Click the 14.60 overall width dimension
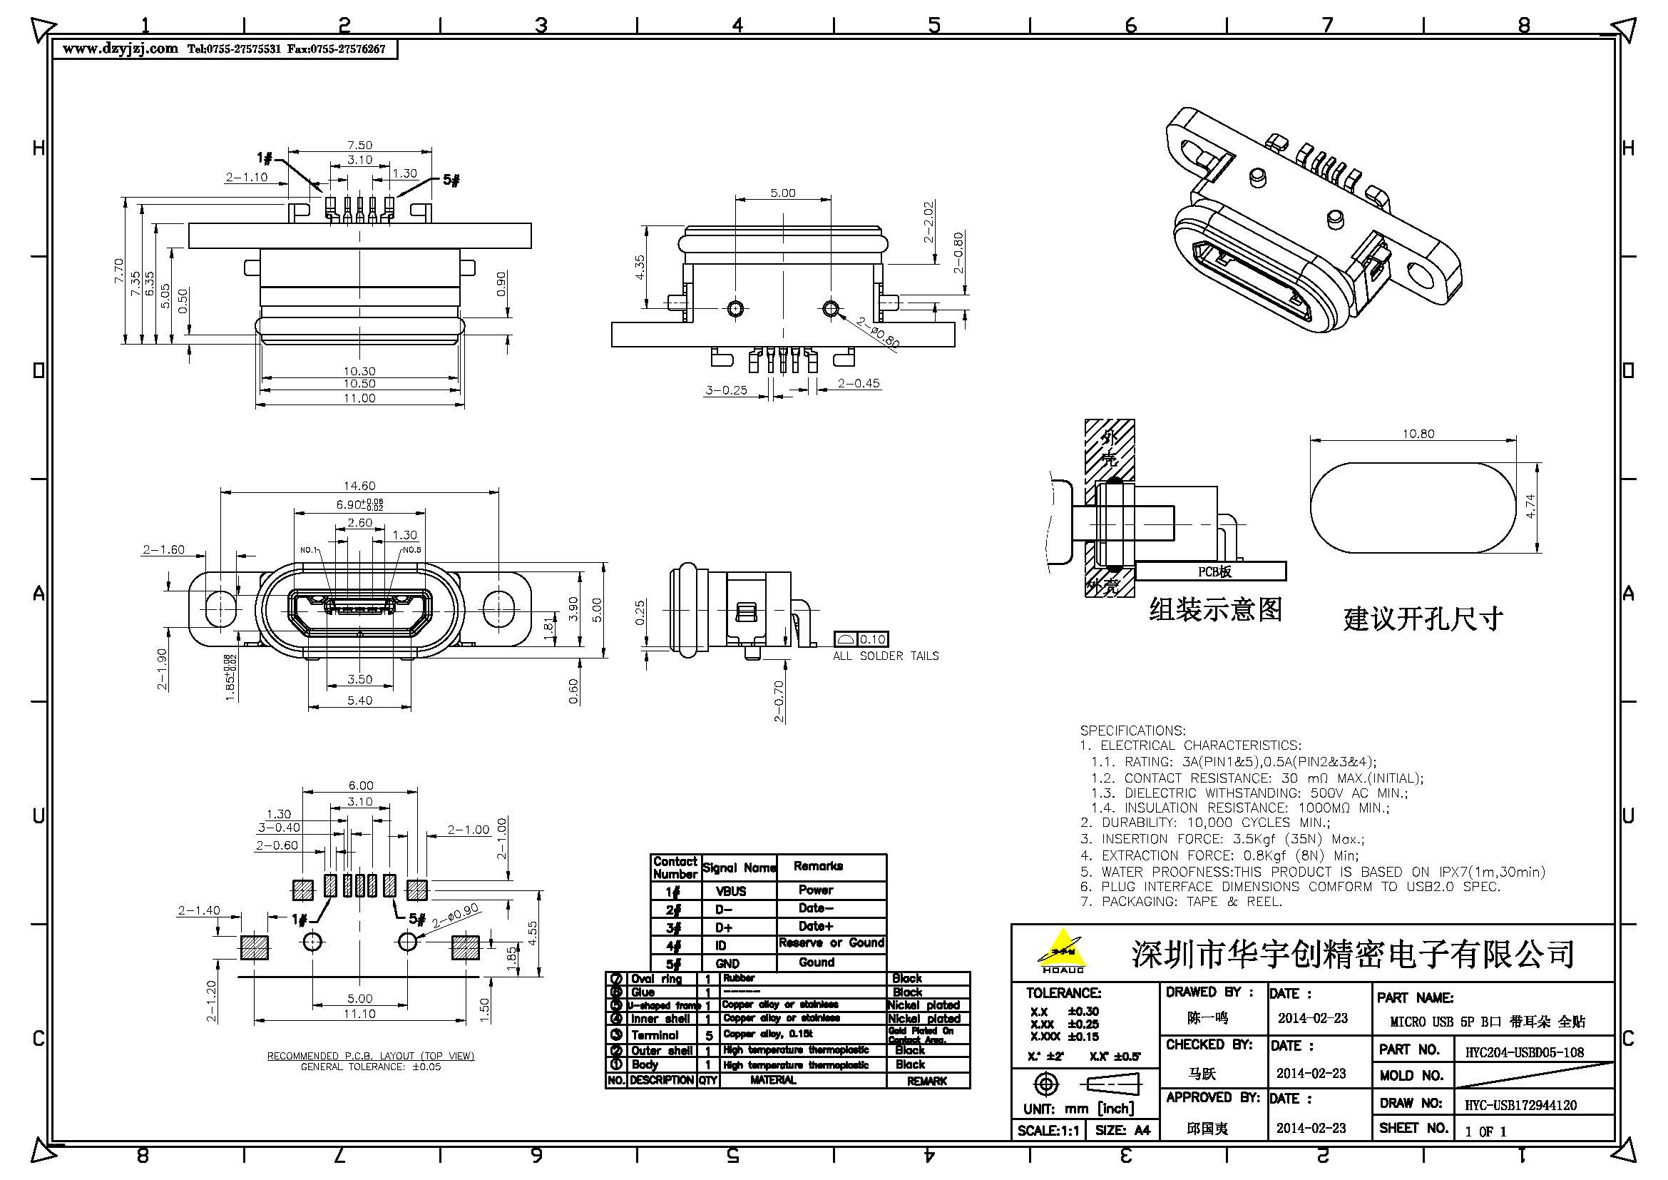coord(359,485)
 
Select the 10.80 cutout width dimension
coord(1418,434)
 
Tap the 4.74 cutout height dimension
coord(1530,506)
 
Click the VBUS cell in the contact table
coord(730,891)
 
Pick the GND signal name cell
coord(727,963)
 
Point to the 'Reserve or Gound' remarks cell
coord(831,943)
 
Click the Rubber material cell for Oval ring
coord(739,978)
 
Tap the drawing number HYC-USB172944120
coord(1520,1105)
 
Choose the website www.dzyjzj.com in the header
coord(120,49)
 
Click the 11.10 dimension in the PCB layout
coord(359,1014)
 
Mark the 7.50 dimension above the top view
coord(359,146)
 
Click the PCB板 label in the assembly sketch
coord(1214,572)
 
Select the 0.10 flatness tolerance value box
coord(871,639)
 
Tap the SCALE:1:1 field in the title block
coord(1048,1131)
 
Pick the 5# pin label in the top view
coord(451,180)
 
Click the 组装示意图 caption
coord(1215,609)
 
